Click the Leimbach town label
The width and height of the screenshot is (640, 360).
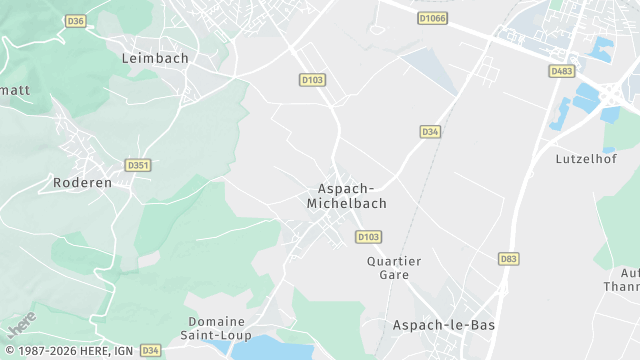155,58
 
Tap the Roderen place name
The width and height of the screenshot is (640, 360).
82,183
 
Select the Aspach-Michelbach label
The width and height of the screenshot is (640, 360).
346,195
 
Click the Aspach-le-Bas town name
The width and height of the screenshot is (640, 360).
443,325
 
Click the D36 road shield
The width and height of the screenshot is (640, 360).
75,20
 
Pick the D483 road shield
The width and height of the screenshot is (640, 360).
562,71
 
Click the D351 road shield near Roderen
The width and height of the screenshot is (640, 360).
138,165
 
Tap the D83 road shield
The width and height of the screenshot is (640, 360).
509,259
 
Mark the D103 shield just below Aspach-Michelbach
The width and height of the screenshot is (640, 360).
368,237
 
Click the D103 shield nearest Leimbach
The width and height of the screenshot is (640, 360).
312,79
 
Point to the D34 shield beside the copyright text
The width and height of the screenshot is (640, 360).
150,350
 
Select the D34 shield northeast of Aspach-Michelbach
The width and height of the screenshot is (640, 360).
430,131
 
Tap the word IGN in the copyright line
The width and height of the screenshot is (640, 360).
120,351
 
